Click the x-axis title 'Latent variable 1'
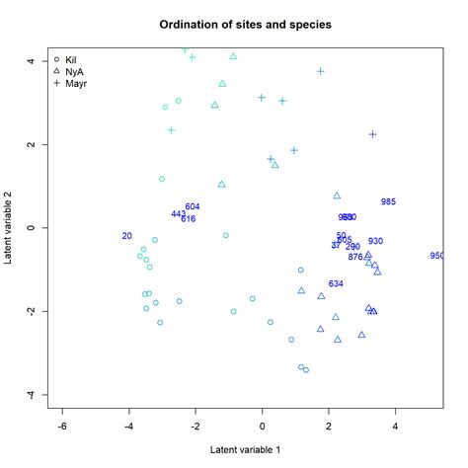point(246,450)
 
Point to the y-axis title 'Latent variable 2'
point(9,228)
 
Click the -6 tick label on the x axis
point(62,428)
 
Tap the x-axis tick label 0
point(262,428)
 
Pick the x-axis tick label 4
point(395,428)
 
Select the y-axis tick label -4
point(30,395)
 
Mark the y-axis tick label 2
point(30,144)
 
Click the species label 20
point(126,236)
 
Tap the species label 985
point(388,201)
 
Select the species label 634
point(336,283)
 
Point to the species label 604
point(193,206)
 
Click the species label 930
point(375,241)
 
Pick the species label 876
point(355,257)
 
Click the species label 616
point(188,218)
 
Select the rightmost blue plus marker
point(373,134)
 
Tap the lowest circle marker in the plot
point(306,370)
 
